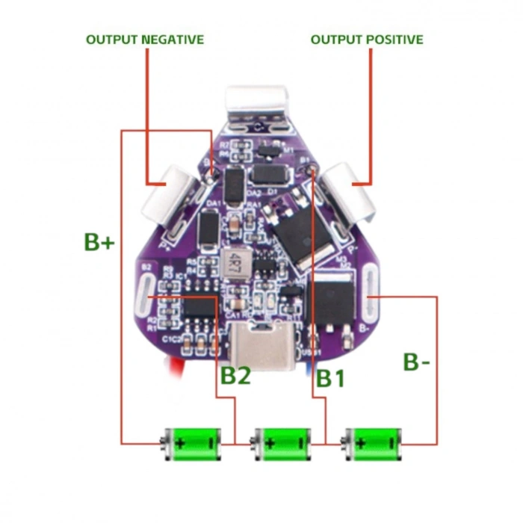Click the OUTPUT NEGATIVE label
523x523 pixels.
coord(145,39)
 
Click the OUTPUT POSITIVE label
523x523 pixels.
coord(367,39)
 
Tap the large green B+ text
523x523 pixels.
coord(99,241)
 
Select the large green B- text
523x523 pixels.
coord(416,362)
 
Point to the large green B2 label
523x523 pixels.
coord(235,376)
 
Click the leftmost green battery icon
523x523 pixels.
coord(193,443)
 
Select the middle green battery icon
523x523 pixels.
coord(282,443)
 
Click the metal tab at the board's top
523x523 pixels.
coord(258,104)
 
